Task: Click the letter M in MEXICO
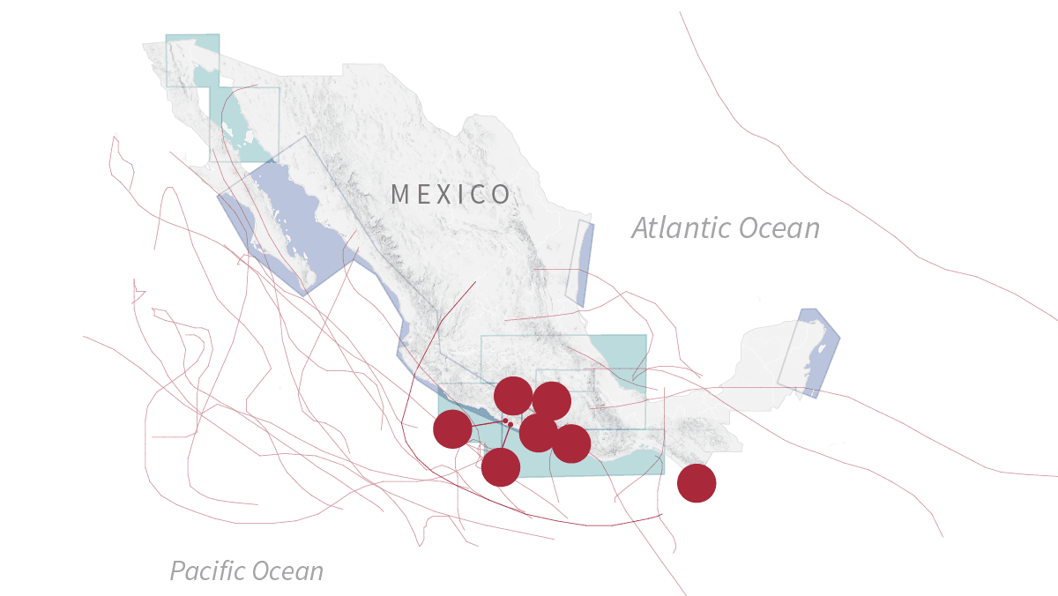tap(399, 195)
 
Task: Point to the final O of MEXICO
tap(502, 195)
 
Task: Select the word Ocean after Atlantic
tap(779, 228)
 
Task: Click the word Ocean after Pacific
tap(286, 571)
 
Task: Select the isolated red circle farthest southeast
tap(697, 483)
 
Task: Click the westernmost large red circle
tap(452, 429)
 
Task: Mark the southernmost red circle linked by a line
tap(501, 467)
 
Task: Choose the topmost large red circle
tap(513, 395)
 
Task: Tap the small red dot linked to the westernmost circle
tap(505, 421)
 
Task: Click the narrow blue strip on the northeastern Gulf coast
tap(582, 264)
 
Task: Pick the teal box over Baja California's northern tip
tap(193, 60)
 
